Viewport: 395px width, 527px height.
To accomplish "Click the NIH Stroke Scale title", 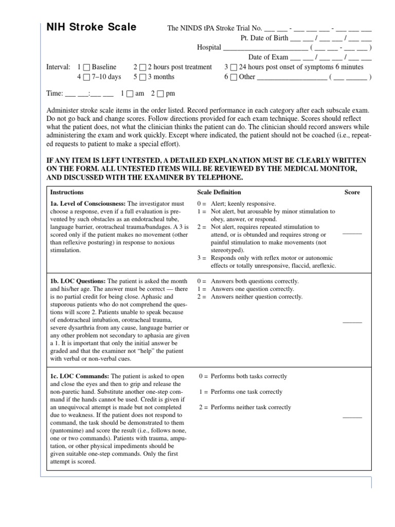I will coord(92,27).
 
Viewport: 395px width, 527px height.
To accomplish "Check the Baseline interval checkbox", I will coord(86,67).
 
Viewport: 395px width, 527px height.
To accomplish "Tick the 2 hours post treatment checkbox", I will coord(142,67).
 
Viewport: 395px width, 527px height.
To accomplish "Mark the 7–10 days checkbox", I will coord(86,78).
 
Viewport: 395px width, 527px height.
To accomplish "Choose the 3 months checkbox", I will coord(142,78).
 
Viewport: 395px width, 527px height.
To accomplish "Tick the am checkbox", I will coord(129,94).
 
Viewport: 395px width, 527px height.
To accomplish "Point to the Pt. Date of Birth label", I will coord(264,38).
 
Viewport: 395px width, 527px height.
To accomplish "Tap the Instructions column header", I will coord(67,192).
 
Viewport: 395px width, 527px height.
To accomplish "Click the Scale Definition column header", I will coord(219,192).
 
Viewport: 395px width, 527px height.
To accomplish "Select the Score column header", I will coord(352,192).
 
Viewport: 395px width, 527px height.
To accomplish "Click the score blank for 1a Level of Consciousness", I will coord(352,233).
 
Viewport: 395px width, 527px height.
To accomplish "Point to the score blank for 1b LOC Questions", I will coord(352,321).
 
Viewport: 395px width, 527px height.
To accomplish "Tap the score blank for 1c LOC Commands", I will coord(352,416).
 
